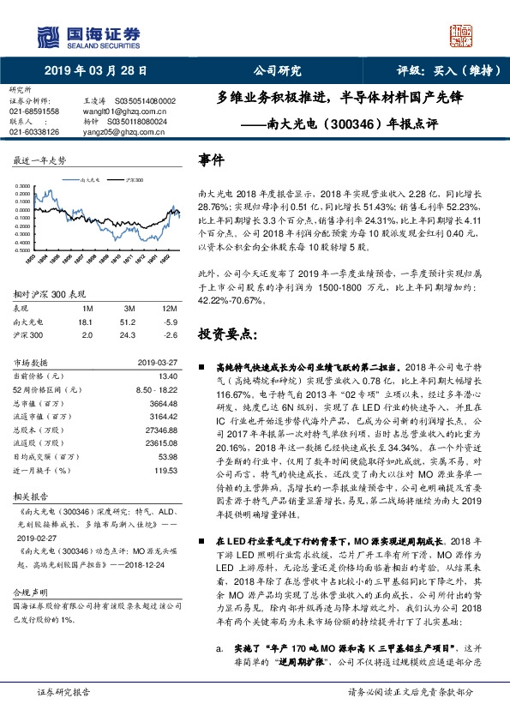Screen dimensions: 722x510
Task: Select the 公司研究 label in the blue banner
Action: pos(278,71)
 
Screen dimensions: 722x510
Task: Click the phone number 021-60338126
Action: pos(34,132)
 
